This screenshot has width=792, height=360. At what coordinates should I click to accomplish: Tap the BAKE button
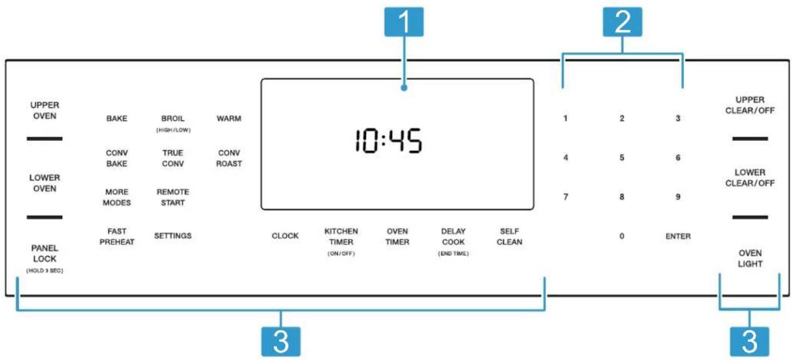pyautogui.click(x=117, y=118)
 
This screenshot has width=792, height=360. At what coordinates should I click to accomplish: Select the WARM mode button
pyautogui.click(x=229, y=118)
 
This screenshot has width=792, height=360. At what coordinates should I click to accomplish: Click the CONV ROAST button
pyautogui.click(x=229, y=158)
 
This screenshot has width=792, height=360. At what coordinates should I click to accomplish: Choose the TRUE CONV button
pyautogui.click(x=173, y=158)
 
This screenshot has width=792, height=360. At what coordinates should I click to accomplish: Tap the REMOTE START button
pyautogui.click(x=173, y=197)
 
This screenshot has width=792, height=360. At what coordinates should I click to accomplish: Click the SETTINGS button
pyautogui.click(x=173, y=236)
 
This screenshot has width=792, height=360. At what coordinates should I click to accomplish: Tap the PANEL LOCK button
pyautogui.click(x=45, y=258)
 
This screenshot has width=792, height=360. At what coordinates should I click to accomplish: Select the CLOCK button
pyautogui.click(x=285, y=236)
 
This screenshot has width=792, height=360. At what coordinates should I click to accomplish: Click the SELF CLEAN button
pyautogui.click(x=509, y=236)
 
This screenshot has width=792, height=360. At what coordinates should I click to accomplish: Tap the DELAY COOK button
pyautogui.click(x=453, y=241)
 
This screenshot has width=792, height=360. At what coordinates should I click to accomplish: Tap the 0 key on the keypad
pyautogui.click(x=621, y=236)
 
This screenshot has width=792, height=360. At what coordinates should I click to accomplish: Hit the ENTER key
pyautogui.click(x=678, y=236)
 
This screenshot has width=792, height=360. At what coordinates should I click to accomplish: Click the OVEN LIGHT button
pyautogui.click(x=750, y=259)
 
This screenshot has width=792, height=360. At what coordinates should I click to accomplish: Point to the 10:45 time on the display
pyautogui.click(x=388, y=140)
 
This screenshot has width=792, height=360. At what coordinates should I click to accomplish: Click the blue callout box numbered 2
pyautogui.click(x=622, y=22)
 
